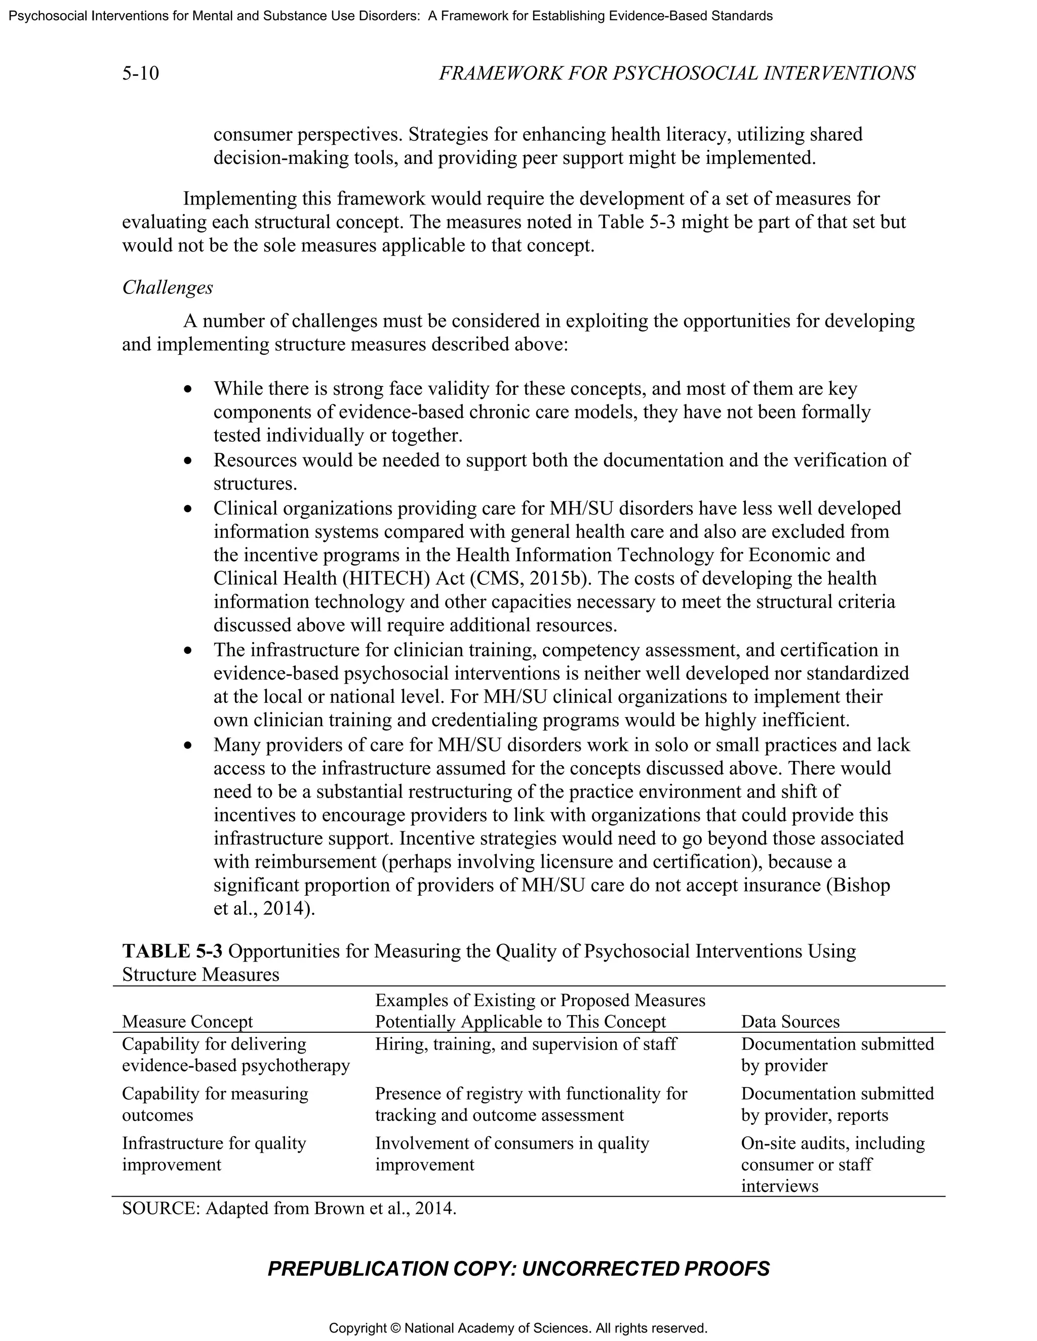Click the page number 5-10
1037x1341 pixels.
pos(140,74)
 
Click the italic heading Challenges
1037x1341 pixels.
pos(167,287)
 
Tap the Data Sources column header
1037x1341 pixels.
pos(790,1022)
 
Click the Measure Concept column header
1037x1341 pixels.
pos(187,1022)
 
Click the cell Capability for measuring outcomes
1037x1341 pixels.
pos(215,1104)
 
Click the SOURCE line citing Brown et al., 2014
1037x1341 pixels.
pos(289,1208)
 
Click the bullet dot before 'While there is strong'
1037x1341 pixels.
pos(188,390)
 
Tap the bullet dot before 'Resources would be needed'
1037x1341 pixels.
pos(188,460)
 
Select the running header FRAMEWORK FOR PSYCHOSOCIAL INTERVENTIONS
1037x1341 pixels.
pos(676,74)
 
